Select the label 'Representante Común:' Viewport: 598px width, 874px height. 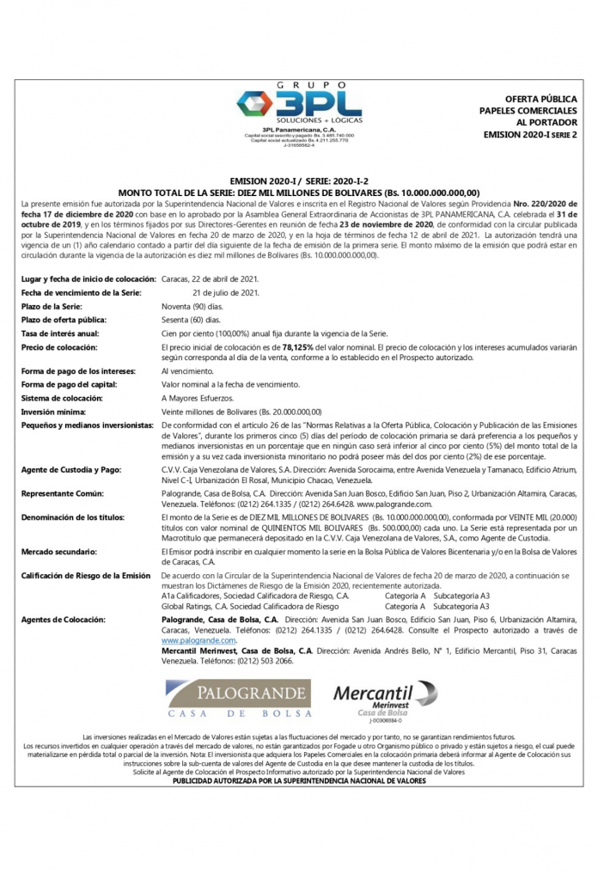tap(63, 493)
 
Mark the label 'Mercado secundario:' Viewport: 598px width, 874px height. tap(60, 550)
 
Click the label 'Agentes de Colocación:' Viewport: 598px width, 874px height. tap(64, 619)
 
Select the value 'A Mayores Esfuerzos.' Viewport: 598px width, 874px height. tap(198, 398)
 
